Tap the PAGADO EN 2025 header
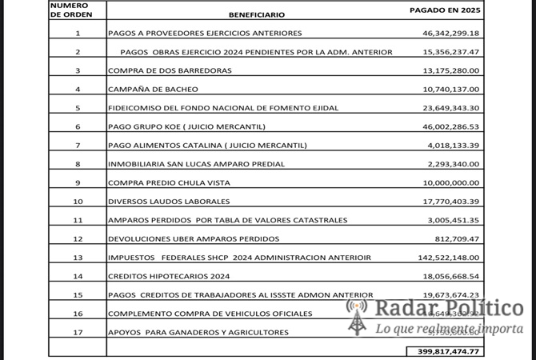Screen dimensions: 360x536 click(x=444, y=10)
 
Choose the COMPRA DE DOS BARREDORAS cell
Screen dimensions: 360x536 click(x=170, y=70)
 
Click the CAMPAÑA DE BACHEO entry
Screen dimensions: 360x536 click(x=153, y=89)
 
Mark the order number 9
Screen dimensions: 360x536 click(x=78, y=182)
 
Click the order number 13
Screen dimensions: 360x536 click(x=78, y=258)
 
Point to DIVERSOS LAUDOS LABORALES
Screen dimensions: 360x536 click(x=169, y=201)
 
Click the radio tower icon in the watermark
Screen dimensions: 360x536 click(x=356, y=316)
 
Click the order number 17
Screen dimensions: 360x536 click(x=78, y=332)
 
